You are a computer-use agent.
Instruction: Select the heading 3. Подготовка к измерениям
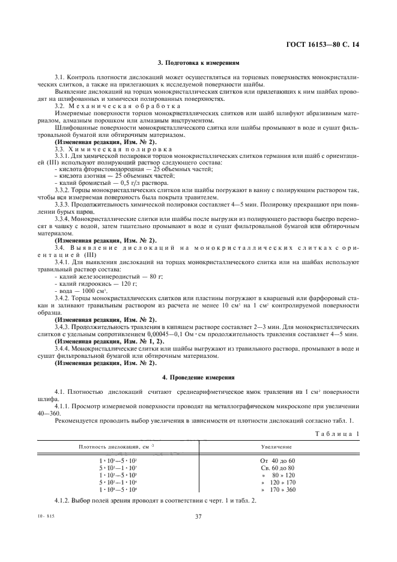click(x=198, y=62)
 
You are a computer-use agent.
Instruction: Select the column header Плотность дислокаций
click(x=114, y=447)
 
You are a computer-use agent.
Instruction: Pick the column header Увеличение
click(x=276, y=447)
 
